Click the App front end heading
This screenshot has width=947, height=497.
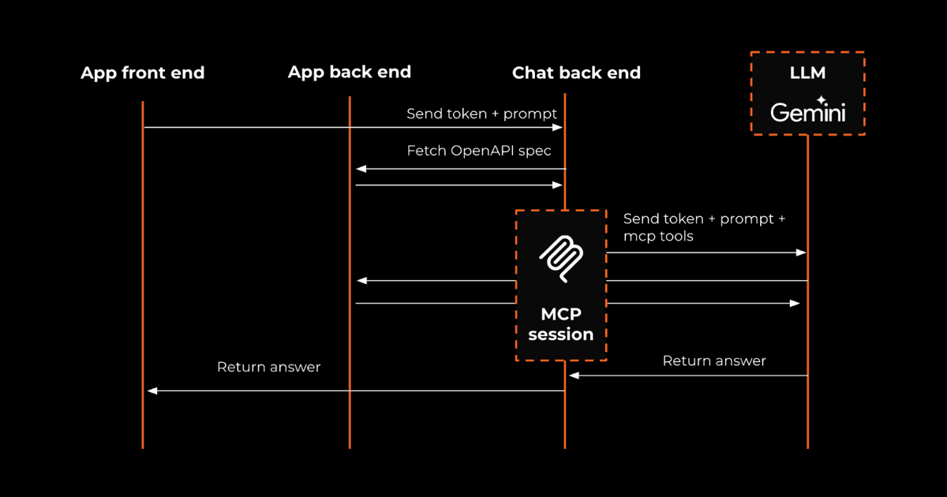click(x=142, y=73)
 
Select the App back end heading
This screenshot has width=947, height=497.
click(x=349, y=73)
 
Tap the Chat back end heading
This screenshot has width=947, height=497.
click(x=576, y=73)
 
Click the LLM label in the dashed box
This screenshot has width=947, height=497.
click(x=807, y=73)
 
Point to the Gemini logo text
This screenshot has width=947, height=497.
click(x=807, y=113)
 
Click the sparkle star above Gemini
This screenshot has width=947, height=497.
click(x=822, y=100)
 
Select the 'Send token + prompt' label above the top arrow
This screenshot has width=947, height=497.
click(x=481, y=114)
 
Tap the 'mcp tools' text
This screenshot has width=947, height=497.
click(x=658, y=236)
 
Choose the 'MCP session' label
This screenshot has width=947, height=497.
click(x=560, y=324)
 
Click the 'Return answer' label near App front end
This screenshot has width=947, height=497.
click(x=268, y=367)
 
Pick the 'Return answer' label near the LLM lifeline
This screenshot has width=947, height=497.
click(x=714, y=361)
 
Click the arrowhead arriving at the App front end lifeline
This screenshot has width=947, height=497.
click(x=152, y=390)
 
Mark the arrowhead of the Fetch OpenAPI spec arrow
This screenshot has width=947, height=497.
click(x=360, y=169)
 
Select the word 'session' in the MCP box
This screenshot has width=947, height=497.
click(x=560, y=334)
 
